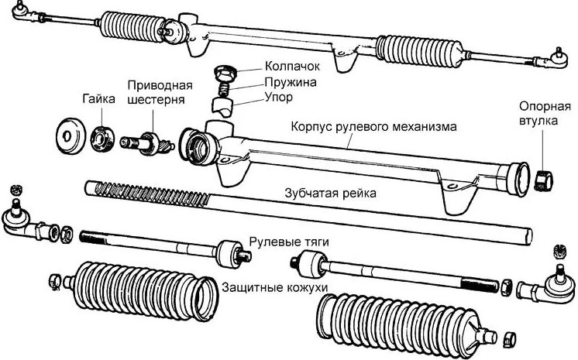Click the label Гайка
tap(98, 99)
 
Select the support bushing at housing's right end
tap(543, 177)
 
